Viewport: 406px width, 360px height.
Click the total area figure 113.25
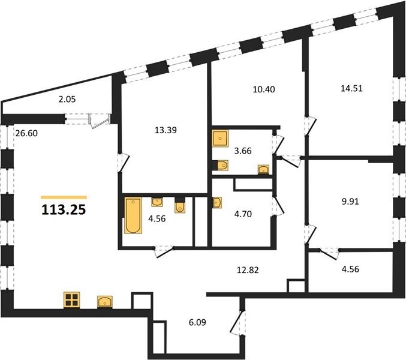64,209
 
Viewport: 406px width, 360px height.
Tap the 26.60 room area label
26,133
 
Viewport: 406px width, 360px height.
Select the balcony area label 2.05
67,99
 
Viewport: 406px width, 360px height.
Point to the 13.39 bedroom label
166,130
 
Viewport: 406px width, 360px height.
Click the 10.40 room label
264,89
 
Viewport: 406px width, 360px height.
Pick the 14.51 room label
351,88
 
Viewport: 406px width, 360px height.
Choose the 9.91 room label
350,202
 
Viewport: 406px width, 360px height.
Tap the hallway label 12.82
248,270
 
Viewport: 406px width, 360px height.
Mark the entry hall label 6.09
197,322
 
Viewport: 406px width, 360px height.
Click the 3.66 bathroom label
243,151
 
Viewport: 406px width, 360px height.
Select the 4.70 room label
243,214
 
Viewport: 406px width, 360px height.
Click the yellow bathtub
133,215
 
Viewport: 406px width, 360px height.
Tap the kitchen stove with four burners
72,300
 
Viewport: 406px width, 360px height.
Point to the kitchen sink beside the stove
105,302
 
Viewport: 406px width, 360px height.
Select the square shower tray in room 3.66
220,139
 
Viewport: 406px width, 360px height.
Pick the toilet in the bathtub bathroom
180,206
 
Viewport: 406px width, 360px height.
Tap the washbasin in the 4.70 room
217,203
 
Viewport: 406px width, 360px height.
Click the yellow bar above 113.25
64,197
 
